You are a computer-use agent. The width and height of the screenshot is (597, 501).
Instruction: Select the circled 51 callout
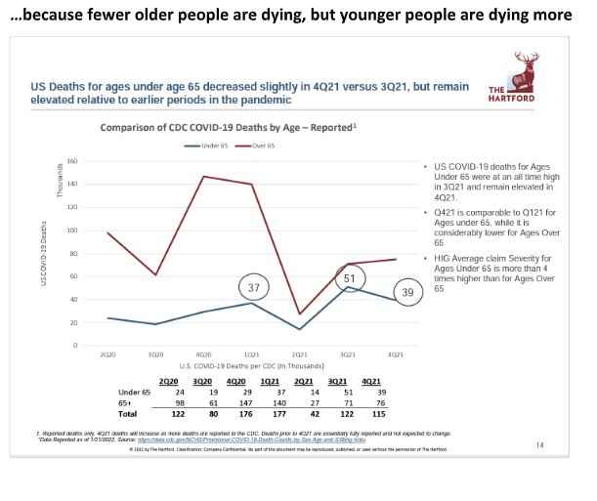(348, 279)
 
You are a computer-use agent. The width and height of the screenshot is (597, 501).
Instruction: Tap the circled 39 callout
(408, 293)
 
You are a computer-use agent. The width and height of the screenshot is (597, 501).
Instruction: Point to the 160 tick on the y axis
(72, 161)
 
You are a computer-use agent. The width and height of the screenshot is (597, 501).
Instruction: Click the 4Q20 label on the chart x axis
(204, 354)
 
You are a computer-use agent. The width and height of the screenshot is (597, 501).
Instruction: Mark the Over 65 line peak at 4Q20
(203, 177)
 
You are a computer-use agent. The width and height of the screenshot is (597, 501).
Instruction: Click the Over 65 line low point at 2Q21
(299, 314)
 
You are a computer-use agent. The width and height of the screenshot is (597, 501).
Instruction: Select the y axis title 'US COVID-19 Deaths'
(43, 253)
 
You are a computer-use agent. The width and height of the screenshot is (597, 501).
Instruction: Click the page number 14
(539, 445)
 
